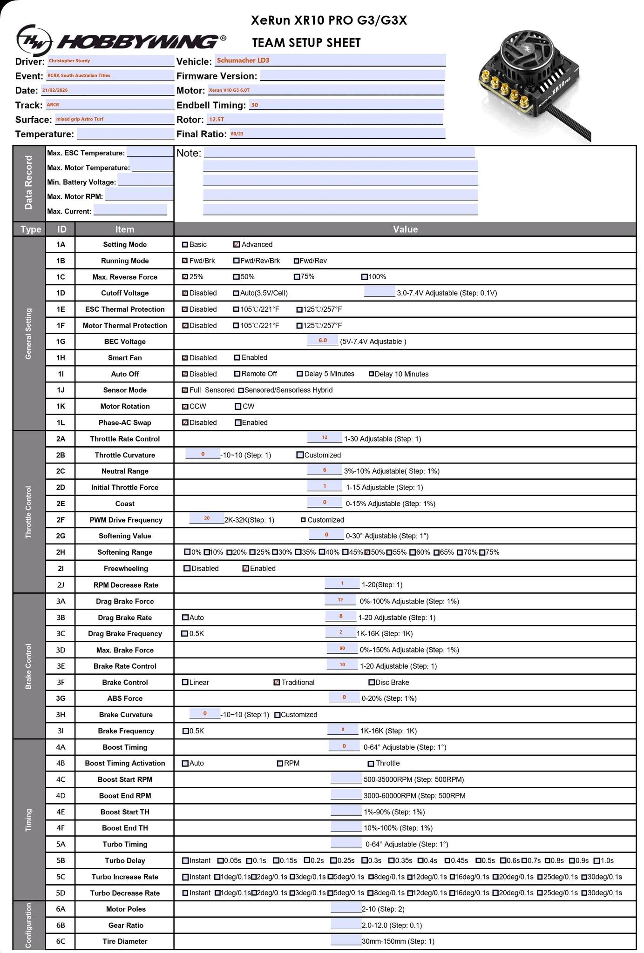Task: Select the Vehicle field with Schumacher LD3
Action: coord(330,60)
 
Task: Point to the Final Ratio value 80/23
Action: coord(337,134)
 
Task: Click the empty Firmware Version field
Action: coord(352,76)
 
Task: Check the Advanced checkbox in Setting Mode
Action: coord(237,245)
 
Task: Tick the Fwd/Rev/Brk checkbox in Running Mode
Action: coord(237,261)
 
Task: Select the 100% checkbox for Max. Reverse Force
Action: coord(365,277)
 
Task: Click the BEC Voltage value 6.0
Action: coord(323,341)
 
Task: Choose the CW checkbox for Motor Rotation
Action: coord(238,407)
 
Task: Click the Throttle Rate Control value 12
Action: coord(325,438)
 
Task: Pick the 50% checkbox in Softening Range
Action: coord(367,552)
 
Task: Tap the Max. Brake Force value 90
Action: coord(342,649)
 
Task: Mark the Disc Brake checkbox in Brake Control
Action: coord(372,683)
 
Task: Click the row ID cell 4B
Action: coord(61,763)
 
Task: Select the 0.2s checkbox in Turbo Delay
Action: coord(307,861)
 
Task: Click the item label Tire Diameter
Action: coord(125,941)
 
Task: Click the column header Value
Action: coord(405,229)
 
